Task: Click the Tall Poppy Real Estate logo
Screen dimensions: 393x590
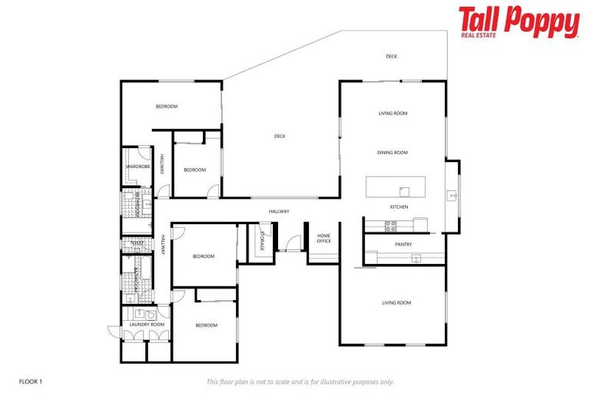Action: coord(519,22)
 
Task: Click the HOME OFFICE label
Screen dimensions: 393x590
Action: coord(323,239)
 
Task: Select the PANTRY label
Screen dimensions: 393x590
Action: coord(403,245)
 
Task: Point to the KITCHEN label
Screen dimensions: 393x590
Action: coord(399,207)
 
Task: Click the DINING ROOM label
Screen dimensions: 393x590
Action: coord(392,153)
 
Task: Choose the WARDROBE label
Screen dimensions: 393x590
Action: coord(138,167)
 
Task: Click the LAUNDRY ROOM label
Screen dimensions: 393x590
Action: coord(147,325)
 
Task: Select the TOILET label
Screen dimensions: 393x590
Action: coord(137,243)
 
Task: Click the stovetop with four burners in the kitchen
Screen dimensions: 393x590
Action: coord(390,225)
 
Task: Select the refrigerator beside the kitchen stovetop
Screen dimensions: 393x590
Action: coord(419,223)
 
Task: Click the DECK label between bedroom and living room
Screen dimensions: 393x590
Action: coord(280,137)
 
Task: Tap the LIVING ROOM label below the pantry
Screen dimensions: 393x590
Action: coord(396,303)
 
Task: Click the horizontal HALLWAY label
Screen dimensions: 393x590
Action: coord(279,212)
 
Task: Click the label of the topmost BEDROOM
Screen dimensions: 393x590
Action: coord(167,107)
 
